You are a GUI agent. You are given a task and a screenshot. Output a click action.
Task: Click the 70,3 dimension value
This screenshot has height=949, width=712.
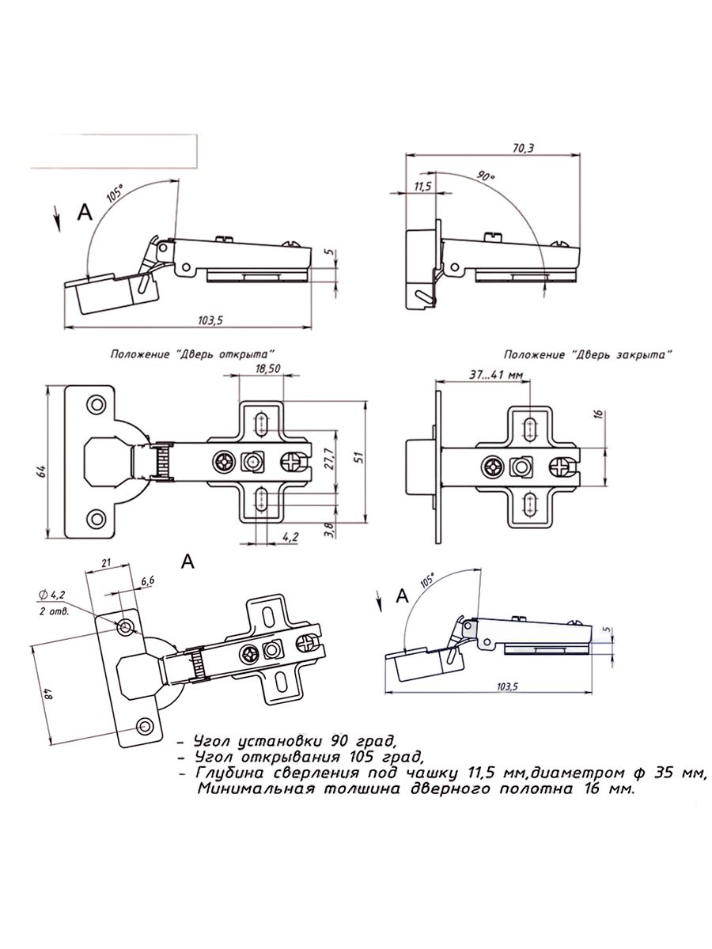pyautogui.click(x=523, y=149)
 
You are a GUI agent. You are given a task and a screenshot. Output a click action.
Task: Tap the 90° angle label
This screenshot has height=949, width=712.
pyautogui.click(x=486, y=176)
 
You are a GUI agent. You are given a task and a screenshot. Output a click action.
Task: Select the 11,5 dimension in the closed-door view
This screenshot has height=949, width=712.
pyautogui.click(x=422, y=187)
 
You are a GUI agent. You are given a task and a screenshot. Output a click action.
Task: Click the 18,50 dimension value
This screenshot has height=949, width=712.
pyautogui.click(x=267, y=369)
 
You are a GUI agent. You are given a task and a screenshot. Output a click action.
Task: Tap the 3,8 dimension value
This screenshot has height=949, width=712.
pyautogui.click(x=329, y=530)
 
